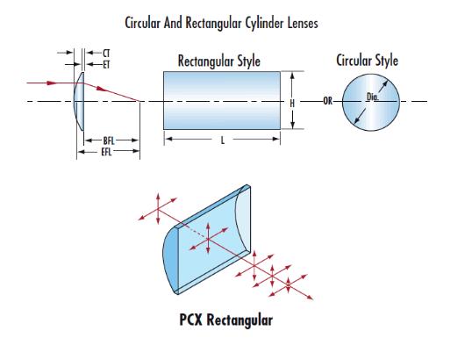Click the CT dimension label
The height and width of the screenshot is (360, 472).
[106, 54]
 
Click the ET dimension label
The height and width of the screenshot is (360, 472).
[106, 64]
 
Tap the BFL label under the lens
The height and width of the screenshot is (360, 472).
[109, 140]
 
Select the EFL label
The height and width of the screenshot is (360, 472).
[106, 152]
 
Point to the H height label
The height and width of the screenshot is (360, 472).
[292, 104]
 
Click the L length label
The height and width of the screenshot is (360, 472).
[223, 140]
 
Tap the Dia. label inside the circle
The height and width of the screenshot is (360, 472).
[373, 97]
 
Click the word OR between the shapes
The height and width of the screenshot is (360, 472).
[328, 101]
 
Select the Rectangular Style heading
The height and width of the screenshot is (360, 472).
[218, 61]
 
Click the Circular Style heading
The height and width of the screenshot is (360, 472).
[367, 61]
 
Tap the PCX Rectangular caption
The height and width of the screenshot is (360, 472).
[225, 320]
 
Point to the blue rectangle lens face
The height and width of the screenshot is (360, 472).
[222, 100]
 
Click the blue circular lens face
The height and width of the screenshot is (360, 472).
[371, 103]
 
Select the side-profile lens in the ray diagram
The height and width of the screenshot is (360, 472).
[79, 102]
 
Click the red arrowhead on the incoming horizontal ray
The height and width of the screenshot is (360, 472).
[52, 83]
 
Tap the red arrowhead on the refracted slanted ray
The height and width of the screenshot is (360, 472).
[102, 89]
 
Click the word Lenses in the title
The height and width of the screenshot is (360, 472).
[302, 24]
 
